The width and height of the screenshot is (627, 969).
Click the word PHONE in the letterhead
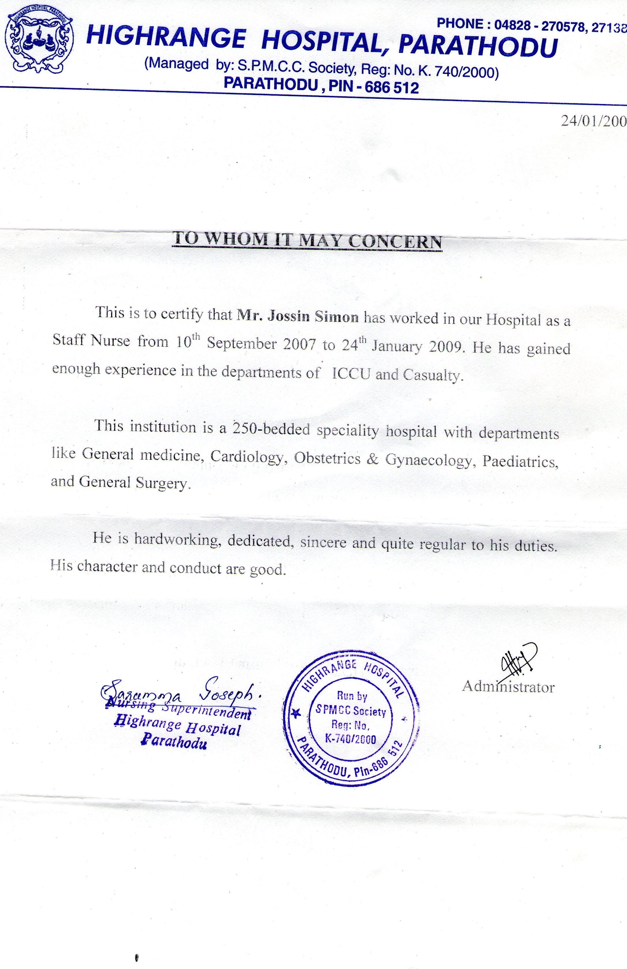pos(460,24)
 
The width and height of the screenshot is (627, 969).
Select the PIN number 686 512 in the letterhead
pos(391,88)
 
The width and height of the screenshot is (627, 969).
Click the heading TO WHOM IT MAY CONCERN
pos(307,240)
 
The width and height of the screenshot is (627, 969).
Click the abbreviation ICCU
pos(351,374)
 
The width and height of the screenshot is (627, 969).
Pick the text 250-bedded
pos(271,429)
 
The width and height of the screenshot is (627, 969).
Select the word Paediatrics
pos(520,461)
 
